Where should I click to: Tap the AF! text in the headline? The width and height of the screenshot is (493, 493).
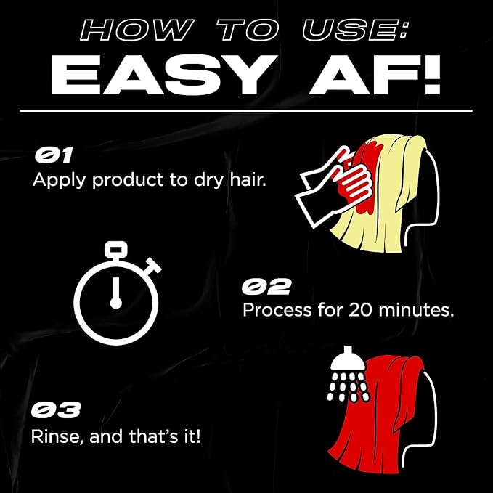click(375, 75)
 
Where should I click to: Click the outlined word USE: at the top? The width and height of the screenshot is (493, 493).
click(355, 30)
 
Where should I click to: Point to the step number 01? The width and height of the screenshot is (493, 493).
click(54, 155)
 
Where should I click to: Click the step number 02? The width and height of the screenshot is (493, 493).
click(266, 286)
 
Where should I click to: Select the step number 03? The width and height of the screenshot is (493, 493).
click(55, 410)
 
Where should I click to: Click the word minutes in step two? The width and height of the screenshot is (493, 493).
click(416, 310)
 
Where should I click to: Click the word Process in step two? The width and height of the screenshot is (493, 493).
click(277, 310)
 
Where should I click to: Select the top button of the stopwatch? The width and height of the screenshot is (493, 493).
click(115, 248)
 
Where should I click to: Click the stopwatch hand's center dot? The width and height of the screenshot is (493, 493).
click(115, 303)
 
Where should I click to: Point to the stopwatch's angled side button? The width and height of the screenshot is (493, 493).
click(152, 266)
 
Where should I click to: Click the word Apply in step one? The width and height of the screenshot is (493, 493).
click(59, 180)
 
